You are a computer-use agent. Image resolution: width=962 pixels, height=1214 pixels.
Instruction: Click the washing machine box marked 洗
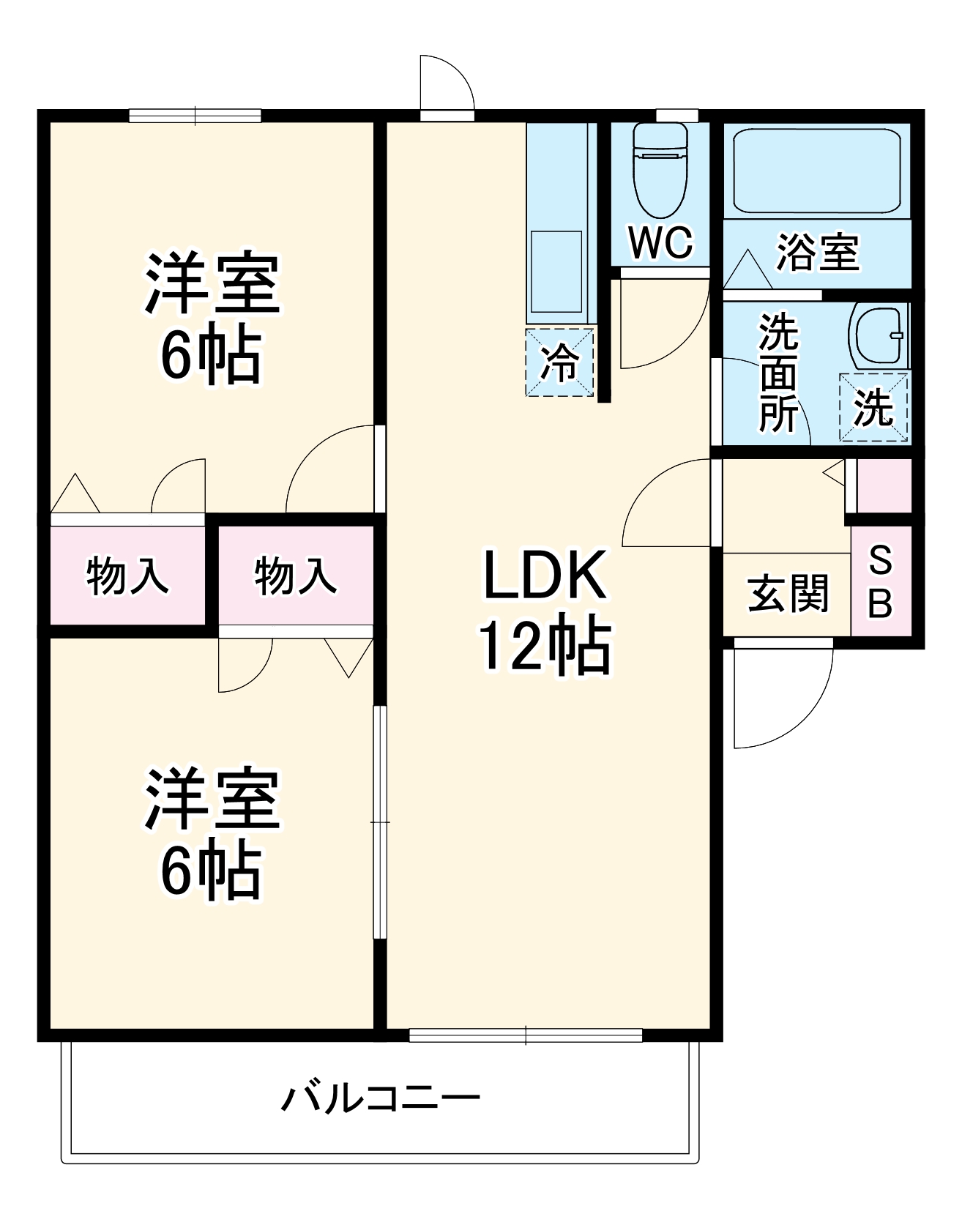873,407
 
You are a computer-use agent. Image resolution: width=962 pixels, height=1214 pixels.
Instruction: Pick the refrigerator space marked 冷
560,362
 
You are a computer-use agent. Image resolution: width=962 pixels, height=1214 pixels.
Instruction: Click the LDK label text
545,576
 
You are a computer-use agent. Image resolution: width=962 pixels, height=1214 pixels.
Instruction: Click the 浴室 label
817,253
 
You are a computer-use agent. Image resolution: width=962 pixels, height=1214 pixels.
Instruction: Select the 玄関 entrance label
788,593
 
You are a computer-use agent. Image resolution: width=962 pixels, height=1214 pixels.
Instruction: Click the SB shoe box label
880,582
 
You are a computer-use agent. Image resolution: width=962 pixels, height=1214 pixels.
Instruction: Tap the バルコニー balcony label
381,1099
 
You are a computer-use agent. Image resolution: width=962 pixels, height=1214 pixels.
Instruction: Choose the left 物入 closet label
127,576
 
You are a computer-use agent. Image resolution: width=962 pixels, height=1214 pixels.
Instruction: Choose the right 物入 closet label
296,576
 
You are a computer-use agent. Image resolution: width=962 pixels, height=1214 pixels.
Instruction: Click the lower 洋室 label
212,800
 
